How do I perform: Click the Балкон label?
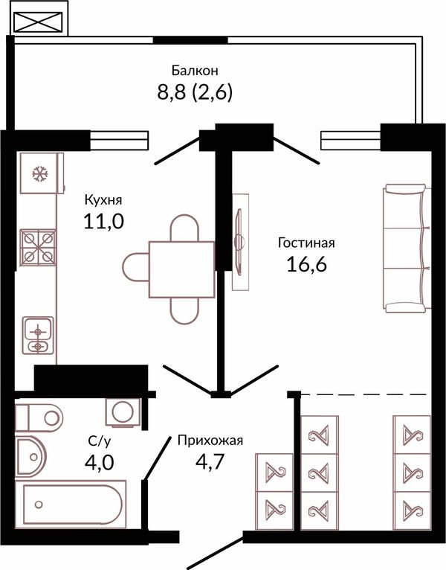point(195,70)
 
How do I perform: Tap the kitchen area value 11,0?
point(104,221)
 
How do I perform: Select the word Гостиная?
point(306,243)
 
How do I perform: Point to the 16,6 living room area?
point(306,264)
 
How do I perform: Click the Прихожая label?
point(210,441)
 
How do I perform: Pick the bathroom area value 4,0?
point(99,462)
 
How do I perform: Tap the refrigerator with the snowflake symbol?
point(42,173)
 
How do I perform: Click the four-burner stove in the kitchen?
point(38,248)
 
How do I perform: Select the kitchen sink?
point(38,335)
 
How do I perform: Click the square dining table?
point(181,269)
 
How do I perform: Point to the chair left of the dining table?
point(135,268)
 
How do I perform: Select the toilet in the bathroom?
point(39,417)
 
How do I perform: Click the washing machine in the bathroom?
point(123,412)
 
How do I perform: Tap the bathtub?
point(71,505)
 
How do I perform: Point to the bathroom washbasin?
point(31,456)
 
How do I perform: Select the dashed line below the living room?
point(364,394)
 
